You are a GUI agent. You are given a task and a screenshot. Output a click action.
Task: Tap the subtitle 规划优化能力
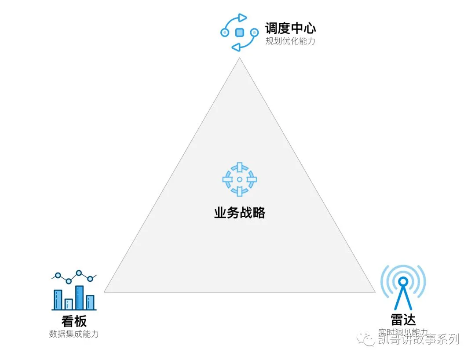(x=290, y=42)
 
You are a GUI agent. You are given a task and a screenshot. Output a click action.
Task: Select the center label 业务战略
(x=240, y=213)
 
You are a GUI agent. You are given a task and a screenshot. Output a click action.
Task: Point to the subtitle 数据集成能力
(x=74, y=334)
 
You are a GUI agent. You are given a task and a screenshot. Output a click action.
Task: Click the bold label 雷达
(x=403, y=320)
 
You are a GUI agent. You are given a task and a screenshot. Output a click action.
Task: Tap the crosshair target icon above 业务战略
(x=240, y=179)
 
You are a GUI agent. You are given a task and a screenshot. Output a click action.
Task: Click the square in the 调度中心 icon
(x=240, y=32)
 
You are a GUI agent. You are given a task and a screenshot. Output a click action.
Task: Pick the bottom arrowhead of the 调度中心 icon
(x=236, y=47)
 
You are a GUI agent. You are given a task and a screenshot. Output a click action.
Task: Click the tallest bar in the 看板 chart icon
(x=80, y=298)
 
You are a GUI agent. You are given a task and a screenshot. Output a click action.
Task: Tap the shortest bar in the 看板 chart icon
(x=69, y=304)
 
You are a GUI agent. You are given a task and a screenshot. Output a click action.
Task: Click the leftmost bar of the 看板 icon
(x=58, y=299)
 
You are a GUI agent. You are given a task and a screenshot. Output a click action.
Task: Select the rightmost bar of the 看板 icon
(x=90, y=302)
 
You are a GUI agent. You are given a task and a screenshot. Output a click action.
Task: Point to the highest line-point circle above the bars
(x=79, y=273)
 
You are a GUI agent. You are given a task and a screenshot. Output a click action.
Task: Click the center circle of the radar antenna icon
(x=403, y=281)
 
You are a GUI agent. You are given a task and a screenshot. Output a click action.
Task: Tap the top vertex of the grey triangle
(x=240, y=58)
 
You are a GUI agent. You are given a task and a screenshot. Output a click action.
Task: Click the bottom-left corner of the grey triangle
(x=105, y=291)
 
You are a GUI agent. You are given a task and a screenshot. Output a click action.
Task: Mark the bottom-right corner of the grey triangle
(x=375, y=291)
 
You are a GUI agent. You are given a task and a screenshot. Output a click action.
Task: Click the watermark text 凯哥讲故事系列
(x=418, y=339)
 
